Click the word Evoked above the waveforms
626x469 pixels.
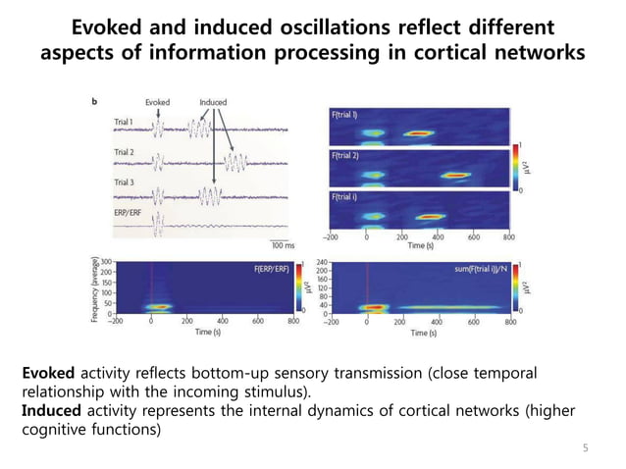tap(157, 102)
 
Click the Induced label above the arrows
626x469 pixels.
tap(212, 102)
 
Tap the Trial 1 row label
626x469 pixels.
tap(126, 121)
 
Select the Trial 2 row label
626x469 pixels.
tap(126, 152)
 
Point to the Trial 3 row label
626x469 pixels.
tap(126, 182)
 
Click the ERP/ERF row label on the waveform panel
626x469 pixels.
tap(130, 212)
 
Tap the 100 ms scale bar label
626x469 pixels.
tap(284, 245)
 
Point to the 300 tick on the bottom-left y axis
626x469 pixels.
tap(106, 264)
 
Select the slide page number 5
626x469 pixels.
tap(585, 448)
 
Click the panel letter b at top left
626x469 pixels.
tap(93, 102)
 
